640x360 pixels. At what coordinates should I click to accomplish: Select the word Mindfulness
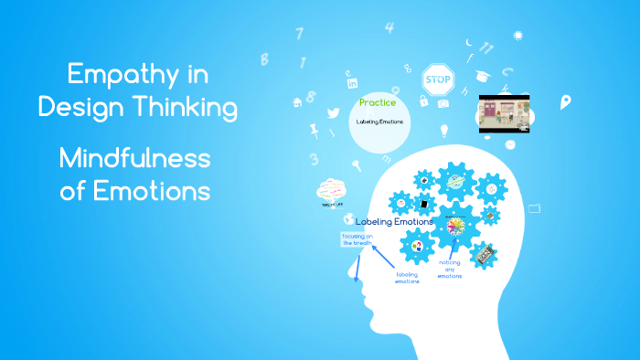pyautogui.click(x=134, y=158)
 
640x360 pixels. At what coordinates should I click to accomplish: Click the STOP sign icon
pyautogui.click(x=439, y=79)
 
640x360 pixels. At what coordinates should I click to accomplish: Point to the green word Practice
pyautogui.click(x=378, y=102)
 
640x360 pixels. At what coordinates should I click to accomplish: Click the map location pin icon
pyautogui.click(x=565, y=101)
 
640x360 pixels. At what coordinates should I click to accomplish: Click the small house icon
pyautogui.click(x=297, y=101)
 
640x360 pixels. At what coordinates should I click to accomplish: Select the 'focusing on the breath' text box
pyautogui.click(x=358, y=239)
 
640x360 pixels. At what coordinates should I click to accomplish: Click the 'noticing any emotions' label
pyautogui.click(x=449, y=270)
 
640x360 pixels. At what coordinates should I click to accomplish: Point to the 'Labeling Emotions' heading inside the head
pyautogui.click(x=394, y=222)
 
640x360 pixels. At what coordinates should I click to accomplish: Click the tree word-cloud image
pyautogui.click(x=330, y=192)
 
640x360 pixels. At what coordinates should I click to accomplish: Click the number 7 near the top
pyautogui.click(x=299, y=34)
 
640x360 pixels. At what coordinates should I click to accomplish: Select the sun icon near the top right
pyautogui.click(x=518, y=36)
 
